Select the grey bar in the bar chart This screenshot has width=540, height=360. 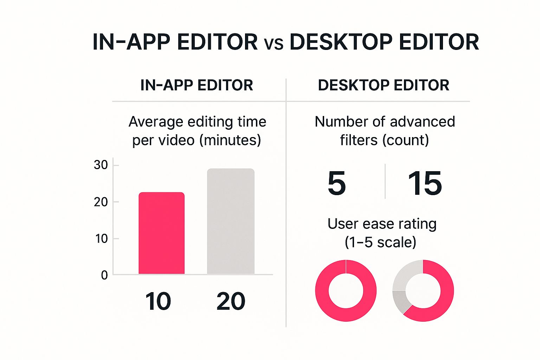pos(231,221)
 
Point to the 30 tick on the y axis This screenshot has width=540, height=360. pos(101,165)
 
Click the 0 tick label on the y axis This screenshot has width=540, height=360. pos(104,275)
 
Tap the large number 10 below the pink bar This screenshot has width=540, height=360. pos(158,301)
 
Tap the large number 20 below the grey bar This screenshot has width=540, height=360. pos(231,301)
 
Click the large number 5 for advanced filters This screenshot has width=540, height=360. pos(336,183)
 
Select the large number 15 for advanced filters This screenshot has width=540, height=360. pos(425,183)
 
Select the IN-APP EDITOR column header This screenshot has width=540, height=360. pos(197,85)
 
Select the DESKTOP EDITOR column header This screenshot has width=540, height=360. pos(384,85)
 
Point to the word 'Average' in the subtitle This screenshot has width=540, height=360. pos(156,122)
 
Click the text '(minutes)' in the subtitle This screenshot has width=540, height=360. pos(230,140)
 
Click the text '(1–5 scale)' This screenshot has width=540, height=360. pos(380,242)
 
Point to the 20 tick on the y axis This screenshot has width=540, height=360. pos(101,202)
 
